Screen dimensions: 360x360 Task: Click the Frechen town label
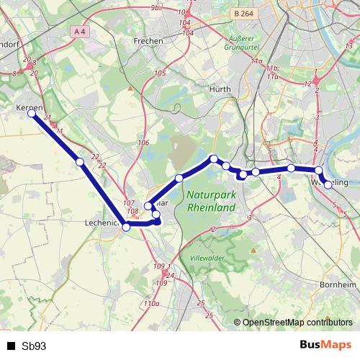[x=148, y=41]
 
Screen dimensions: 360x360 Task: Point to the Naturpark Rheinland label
[x=211, y=201]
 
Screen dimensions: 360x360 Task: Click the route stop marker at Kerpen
[x=32, y=113]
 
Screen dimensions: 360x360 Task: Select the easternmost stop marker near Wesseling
[x=328, y=185]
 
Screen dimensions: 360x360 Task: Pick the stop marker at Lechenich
[x=127, y=227]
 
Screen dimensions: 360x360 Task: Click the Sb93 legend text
[x=34, y=346]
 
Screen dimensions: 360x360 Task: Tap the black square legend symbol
[x=11, y=346]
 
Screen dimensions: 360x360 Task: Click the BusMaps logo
[x=325, y=345]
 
